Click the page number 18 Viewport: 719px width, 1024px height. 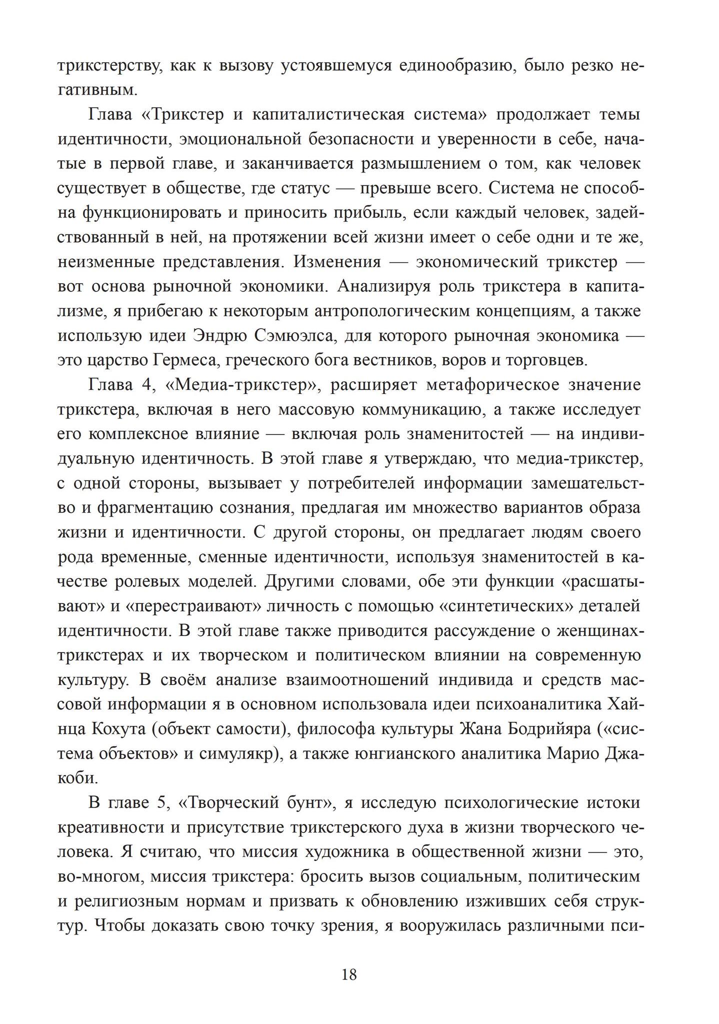349,974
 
